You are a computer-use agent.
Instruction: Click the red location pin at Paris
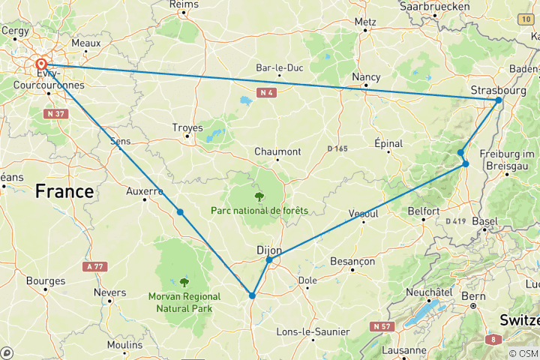[x=40, y=64]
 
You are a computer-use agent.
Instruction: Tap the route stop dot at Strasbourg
[x=499, y=100]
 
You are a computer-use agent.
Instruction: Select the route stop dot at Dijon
[x=268, y=260]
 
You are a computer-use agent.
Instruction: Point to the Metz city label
[x=365, y=22]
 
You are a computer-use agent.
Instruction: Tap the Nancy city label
[x=367, y=76]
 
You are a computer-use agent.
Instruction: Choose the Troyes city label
[x=187, y=127]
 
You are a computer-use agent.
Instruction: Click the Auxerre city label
[x=144, y=191]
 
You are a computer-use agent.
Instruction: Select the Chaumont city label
[x=277, y=151]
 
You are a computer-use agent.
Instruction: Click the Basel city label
[x=485, y=222]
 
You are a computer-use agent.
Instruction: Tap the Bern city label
[x=473, y=295]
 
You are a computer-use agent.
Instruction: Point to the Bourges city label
[x=46, y=281]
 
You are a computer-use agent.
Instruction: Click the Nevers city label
[x=109, y=292]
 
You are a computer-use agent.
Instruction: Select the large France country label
[x=64, y=192]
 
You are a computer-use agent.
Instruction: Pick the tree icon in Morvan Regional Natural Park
[x=184, y=282]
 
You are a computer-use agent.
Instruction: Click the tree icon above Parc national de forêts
[x=259, y=196]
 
